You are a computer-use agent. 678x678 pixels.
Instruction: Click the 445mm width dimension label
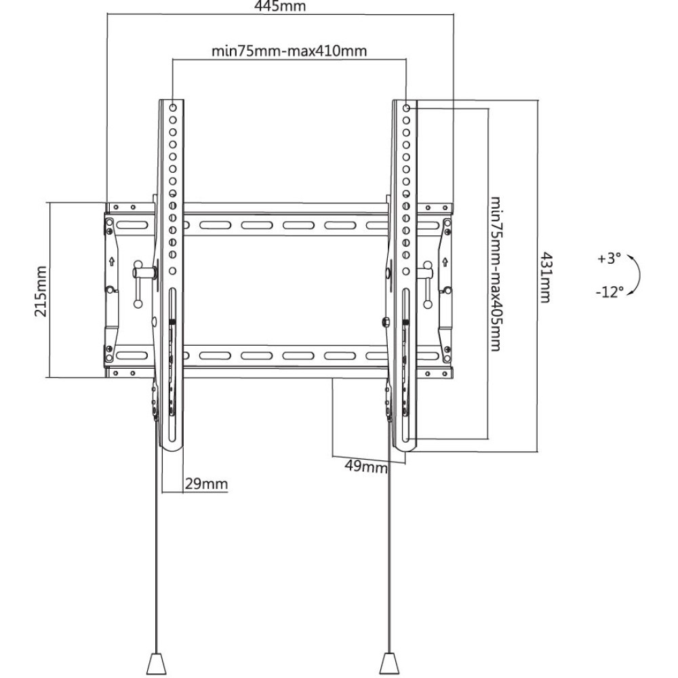280,7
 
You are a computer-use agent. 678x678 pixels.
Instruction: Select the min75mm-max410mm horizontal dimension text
289,51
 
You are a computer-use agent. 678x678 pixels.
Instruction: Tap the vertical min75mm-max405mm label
496,273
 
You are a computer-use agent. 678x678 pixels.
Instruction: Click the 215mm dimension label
41,290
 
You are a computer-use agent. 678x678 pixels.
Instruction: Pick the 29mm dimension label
205,484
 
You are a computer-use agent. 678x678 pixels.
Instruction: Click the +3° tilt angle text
609,259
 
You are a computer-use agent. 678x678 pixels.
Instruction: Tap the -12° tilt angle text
610,292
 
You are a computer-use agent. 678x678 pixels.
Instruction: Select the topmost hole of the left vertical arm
172,108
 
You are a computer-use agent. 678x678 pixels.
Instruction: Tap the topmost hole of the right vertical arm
406,108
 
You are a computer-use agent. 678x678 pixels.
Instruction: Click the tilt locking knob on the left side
144,273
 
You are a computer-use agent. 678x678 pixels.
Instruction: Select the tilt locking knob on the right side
424,273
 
